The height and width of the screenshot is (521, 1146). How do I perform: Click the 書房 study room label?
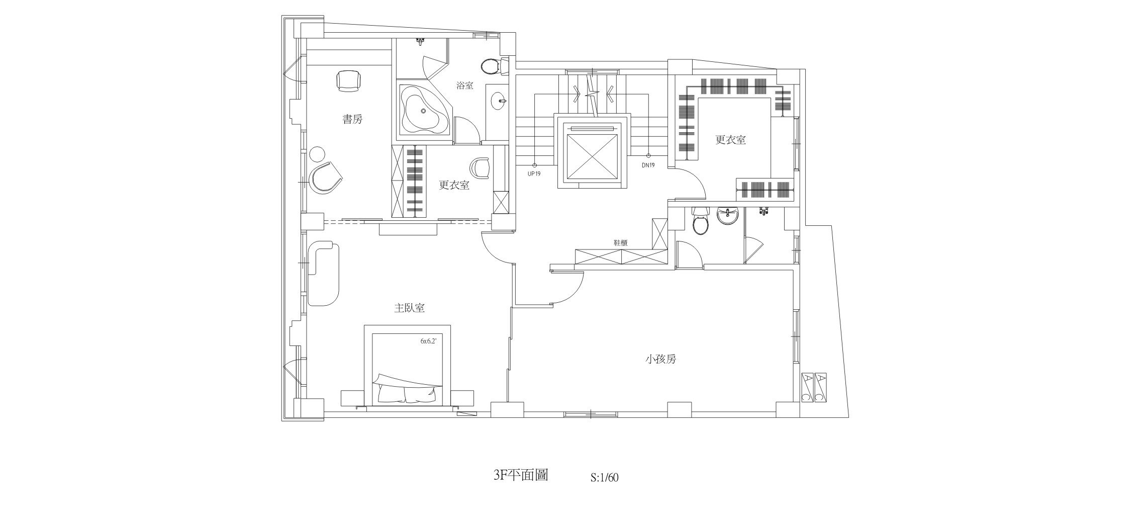click(x=352, y=120)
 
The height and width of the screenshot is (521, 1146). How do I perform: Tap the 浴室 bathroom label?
click(x=464, y=85)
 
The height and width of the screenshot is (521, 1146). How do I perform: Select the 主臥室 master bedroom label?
click(x=409, y=308)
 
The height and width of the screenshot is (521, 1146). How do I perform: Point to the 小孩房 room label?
click(x=660, y=360)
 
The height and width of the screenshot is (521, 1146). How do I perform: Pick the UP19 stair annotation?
click(x=534, y=173)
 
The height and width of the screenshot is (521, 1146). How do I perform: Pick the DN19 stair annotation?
click(x=648, y=165)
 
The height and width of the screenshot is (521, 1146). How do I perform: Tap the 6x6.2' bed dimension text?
click(x=428, y=340)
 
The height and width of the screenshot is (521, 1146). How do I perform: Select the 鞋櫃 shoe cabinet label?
click(x=620, y=242)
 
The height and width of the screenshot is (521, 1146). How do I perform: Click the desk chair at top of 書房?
click(x=348, y=80)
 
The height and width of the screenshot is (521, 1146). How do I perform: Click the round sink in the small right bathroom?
click(x=727, y=216)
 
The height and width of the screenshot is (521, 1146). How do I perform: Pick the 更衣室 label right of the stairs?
click(x=730, y=140)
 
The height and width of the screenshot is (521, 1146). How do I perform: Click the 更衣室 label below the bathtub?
click(x=454, y=186)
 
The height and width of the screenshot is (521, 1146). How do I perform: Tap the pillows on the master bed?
click(x=406, y=394)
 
